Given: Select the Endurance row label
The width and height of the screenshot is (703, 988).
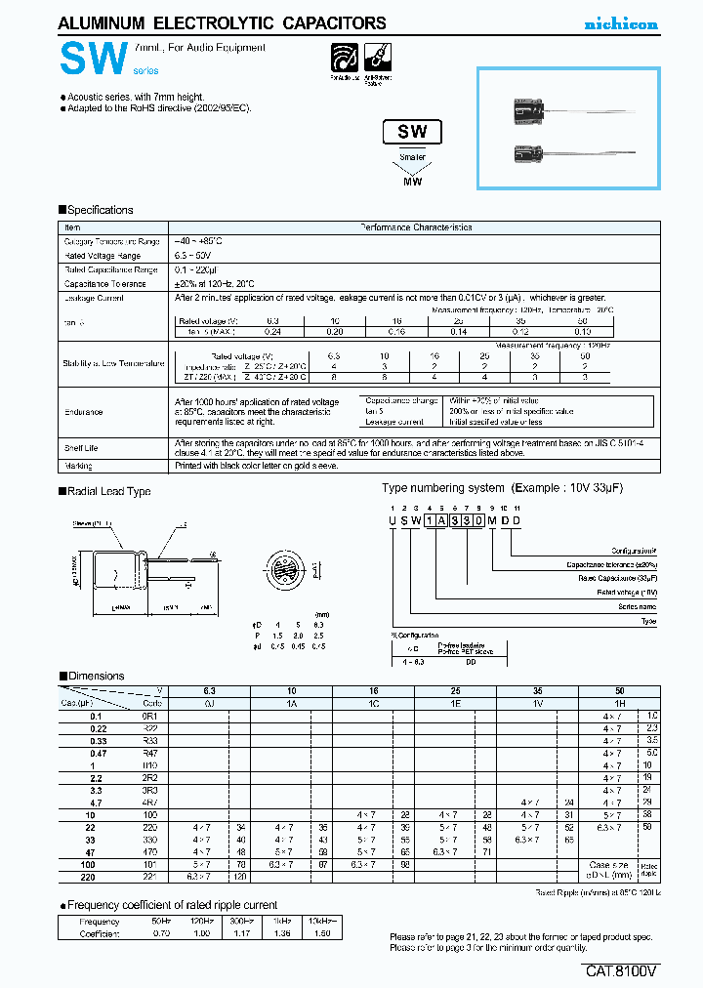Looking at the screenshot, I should click(x=84, y=412).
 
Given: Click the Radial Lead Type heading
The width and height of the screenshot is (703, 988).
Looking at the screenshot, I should click(x=108, y=491).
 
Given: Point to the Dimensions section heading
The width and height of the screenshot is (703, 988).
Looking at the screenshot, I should click(x=96, y=676).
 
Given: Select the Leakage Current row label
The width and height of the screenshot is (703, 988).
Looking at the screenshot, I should click(x=95, y=298).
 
